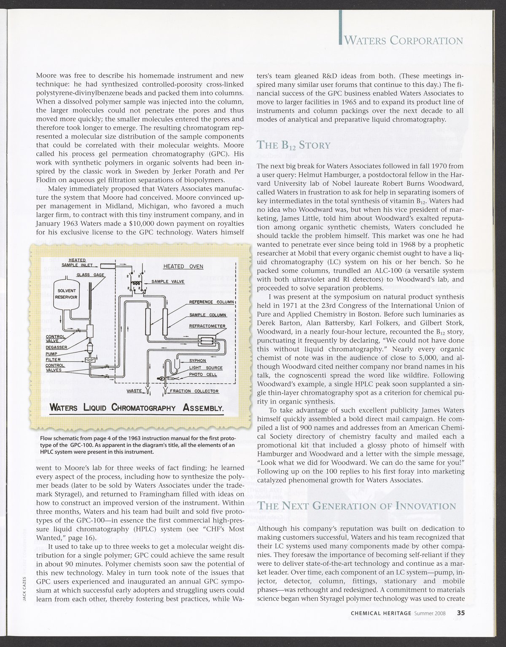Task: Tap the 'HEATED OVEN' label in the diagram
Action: [183, 266]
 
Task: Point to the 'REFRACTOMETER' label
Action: [207, 326]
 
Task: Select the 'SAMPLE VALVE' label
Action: [168, 281]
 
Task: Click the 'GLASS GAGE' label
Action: [87, 275]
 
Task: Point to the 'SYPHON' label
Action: [197, 361]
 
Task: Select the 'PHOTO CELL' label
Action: [203, 374]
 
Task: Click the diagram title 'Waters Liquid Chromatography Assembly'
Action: [136, 408]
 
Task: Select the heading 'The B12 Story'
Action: [294, 145]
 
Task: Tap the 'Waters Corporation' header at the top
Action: [404, 41]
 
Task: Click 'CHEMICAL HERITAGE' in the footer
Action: [381, 625]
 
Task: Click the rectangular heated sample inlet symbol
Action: [109, 265]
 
